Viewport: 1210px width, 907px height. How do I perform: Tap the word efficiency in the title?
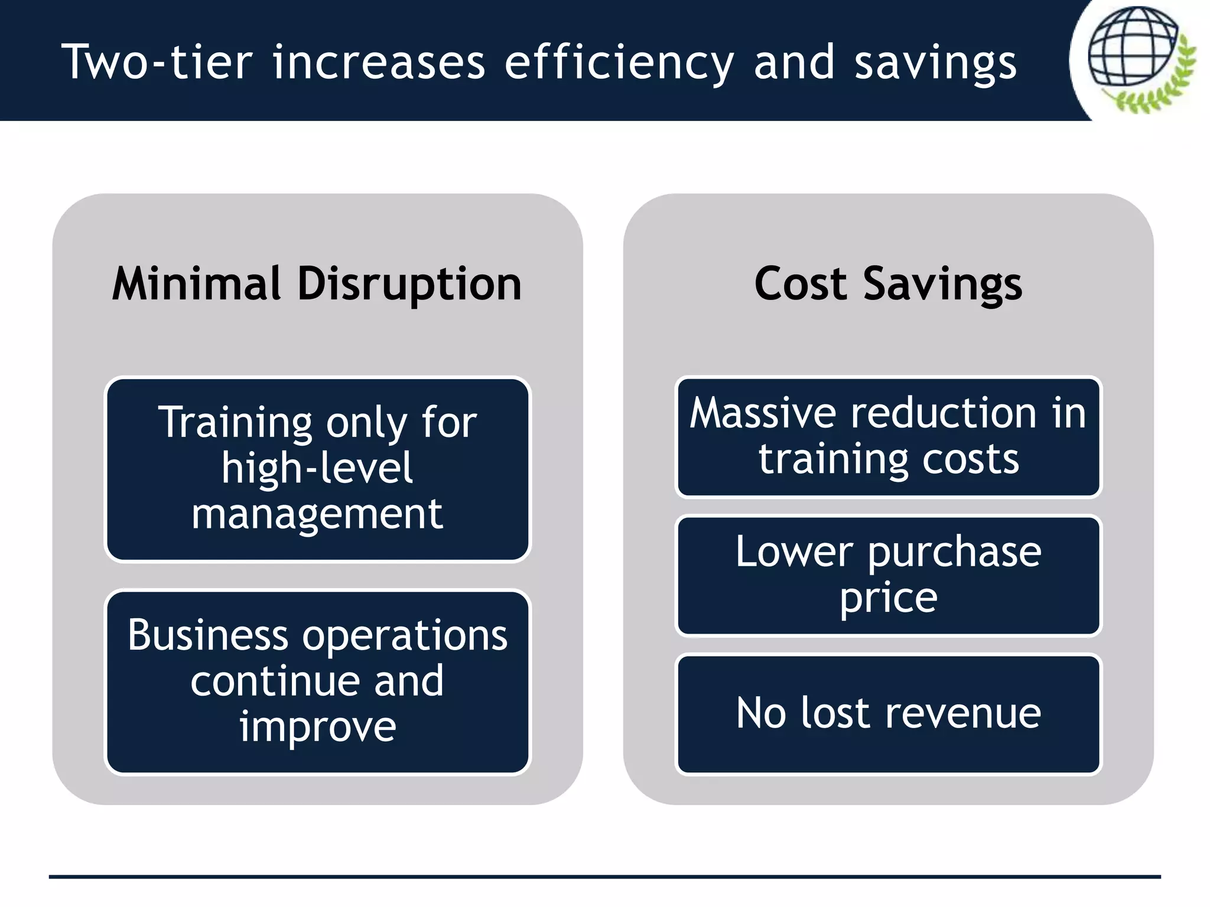tap(619, 63)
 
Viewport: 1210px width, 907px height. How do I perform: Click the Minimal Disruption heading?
tap(317, 284)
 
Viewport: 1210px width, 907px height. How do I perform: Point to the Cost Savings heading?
tap(888, 284)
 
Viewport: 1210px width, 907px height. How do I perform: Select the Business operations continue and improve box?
tap(318, 682)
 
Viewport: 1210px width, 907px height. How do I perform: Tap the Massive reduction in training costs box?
tap(888, 437)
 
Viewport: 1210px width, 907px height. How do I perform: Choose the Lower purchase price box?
tap(888, 576)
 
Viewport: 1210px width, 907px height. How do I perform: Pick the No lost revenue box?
tap(888, 713)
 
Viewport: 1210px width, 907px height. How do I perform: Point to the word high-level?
tap(317, 468)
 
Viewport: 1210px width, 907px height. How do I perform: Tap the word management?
tap(317, 514)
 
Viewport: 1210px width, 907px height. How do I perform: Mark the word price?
tap(888, 599)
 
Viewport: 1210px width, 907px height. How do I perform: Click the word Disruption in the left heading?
tap(409, 284)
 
